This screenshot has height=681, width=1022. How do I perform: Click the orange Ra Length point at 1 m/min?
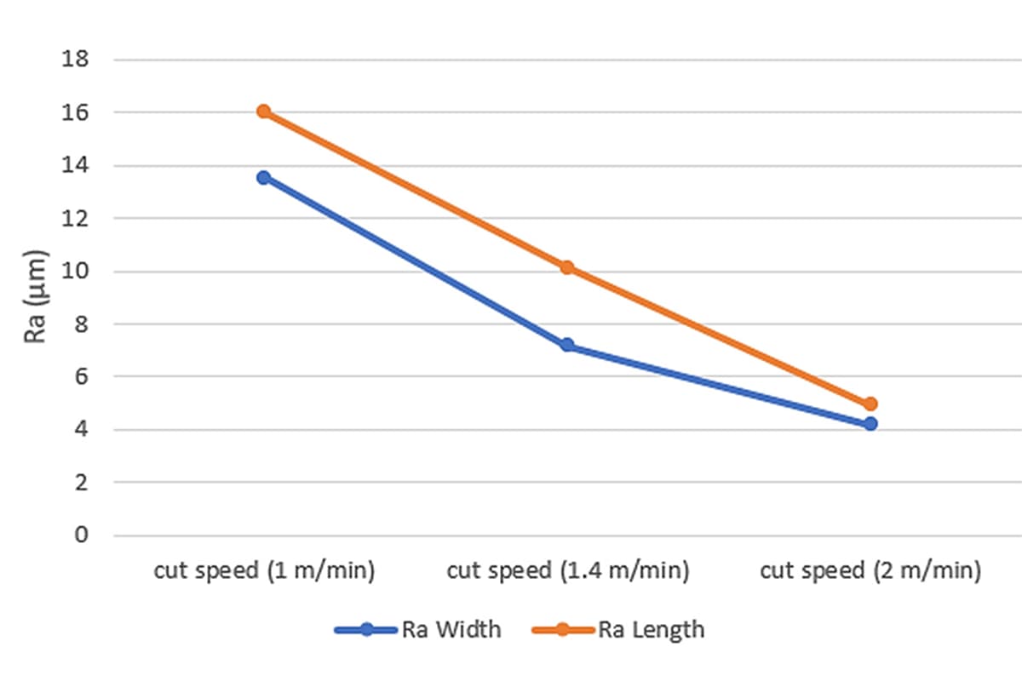pyautogui.click(x=264, y=112)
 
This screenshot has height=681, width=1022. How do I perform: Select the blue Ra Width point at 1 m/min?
pyautogui.click(x=264, y=177)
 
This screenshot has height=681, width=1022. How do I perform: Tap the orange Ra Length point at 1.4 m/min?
pyautogui.click(x=567, y=267)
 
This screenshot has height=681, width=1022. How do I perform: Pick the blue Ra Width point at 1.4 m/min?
pyautogui.click(x=567, y=345)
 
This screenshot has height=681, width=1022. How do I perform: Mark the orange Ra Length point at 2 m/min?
pyautogui.click(x=870, y=403)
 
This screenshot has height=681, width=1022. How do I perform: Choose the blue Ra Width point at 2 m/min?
pyautogui.click(x=870, y=423)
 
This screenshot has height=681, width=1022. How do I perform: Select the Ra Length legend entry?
pyautogui.click(x=652, y=630)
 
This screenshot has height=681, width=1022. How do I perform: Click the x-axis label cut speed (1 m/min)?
pyautogui.click(x=264, y=570)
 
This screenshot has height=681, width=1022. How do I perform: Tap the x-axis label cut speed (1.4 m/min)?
pyautogui.click(x=567, y=570)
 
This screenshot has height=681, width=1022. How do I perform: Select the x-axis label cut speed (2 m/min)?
pyautogui.click(x=870, y=570)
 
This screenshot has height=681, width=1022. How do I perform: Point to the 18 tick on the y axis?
pyautogui.click(x=75, y=60)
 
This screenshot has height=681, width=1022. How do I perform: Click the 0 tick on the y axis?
pyautogui.click(x=81, y=535)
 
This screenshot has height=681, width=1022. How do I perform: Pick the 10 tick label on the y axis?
pyautogui.click(x=75, y=272)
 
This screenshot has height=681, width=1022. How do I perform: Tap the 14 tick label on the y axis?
pyautogui.click(x=75, y=165)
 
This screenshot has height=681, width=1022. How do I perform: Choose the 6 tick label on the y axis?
pyautogui.click(x=81, y=377)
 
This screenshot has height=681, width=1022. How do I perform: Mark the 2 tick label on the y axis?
pyautogui.click(x=81, y=483)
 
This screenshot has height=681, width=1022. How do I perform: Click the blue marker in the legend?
pyautogui.click(x=366, y=630)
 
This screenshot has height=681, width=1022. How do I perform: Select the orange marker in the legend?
pyautogui.click(x=563, y=630)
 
